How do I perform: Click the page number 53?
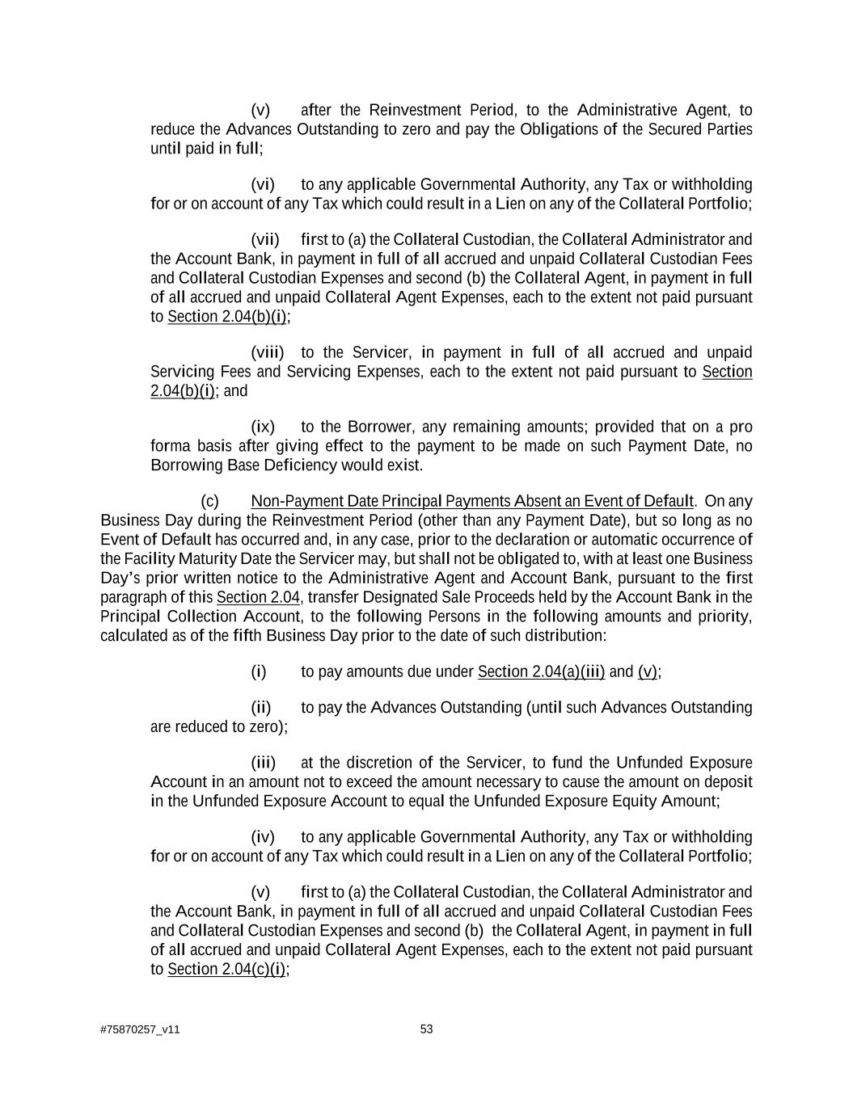click(427, 1029)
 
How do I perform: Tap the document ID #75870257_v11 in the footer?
click(140, 1029)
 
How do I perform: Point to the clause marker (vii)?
click(265, 239)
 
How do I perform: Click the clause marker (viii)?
click(268, 352)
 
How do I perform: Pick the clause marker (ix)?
click(263, 427)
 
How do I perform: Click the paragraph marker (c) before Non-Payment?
click(209, 501)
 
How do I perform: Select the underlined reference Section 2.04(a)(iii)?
click(541, 671)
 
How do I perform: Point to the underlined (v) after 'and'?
click(648, 671)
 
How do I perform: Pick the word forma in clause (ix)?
click(169, 446)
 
